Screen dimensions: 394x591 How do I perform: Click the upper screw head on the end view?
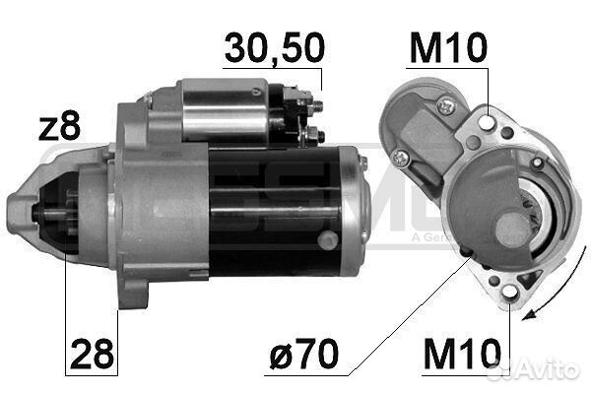point(447,101)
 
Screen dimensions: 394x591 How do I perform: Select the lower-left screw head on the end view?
point(400,158)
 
